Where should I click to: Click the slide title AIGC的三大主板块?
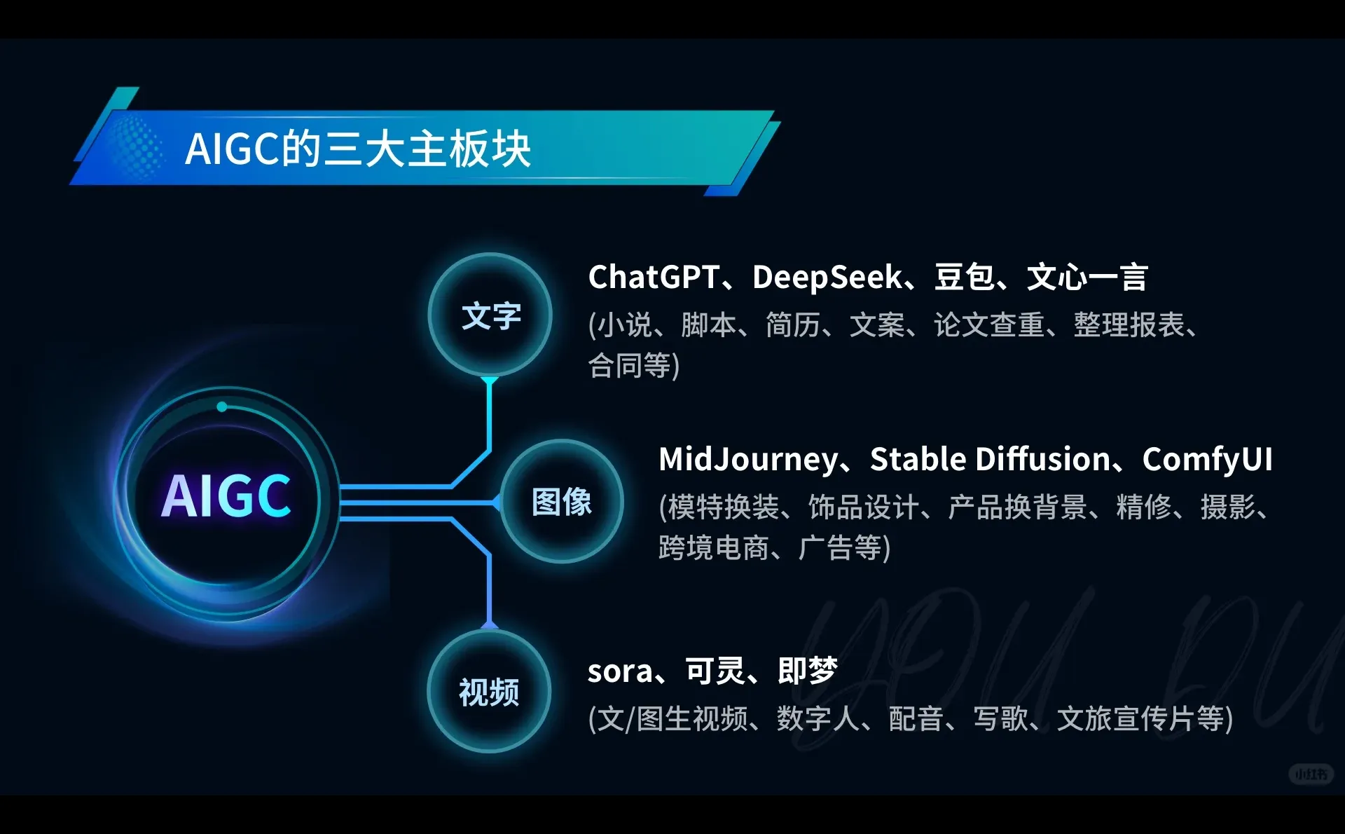[358, 149]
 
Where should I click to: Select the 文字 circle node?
[490, 315]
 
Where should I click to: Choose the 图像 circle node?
[561, 502]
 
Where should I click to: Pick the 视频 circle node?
[489, 692]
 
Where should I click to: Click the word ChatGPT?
[654, 278]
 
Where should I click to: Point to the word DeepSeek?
[827, 278]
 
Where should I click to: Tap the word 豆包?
[964, 278]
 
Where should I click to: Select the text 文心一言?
[1087, 278]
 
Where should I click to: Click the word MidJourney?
[747, 460]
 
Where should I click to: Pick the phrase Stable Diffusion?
[990, 460]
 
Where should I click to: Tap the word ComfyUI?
[1207, 460]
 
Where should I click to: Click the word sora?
[619, 671]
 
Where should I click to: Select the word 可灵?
[715, 671]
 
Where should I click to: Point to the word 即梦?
[808, 671]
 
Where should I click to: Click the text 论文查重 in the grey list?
[989, 325]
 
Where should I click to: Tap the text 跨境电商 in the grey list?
[714, 548]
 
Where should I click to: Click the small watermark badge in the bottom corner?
[1311, 774]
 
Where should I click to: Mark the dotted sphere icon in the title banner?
[133, 148]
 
